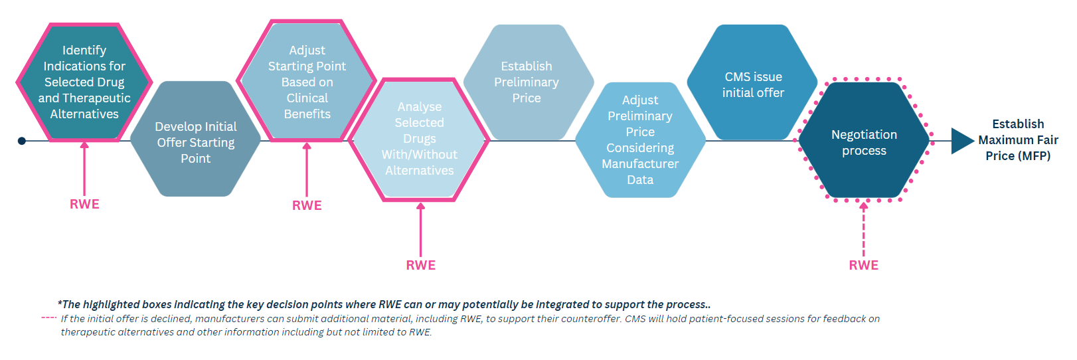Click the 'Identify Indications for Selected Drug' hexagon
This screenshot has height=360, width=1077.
pyautogui.click(x=84, y=82)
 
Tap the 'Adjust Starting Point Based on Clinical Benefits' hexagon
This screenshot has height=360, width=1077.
pyautogui.click(x=307, y=82)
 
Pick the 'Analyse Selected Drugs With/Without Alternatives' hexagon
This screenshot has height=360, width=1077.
pyautogui.click(x=419, y=139)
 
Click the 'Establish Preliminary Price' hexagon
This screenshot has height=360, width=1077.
pyautogui.click(x=527, y=82)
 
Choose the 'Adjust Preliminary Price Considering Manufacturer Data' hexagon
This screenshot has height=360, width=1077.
pyautogui.click(x=640, y=139)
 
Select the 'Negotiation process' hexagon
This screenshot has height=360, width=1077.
pyautogui.click(x=864, y=141)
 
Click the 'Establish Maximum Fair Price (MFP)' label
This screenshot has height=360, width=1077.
pyautogui.click(x=1018, y=140)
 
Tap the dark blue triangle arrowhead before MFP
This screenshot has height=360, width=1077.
pyautogui.click(x=962, y=141)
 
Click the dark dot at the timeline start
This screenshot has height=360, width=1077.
pyautogui.click(x=22, y=141)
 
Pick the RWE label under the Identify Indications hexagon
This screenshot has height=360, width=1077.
pyautogui.click(x=84, y=205)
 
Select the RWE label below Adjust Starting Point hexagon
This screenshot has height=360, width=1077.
pyautogui.click(x=307, y=206)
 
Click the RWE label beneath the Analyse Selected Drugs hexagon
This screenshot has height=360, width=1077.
pyautogui.click(x=421, y=266)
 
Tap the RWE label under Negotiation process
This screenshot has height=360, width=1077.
pyautogui.click(x=863, y=266)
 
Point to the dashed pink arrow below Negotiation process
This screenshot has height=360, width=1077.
pyautogui.click(x=863, y=229)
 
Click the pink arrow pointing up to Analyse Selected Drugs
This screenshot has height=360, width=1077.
pyautogui.click(x=420, y=229)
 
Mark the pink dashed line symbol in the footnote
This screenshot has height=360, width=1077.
pyautogui.click(x=48, y=317)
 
